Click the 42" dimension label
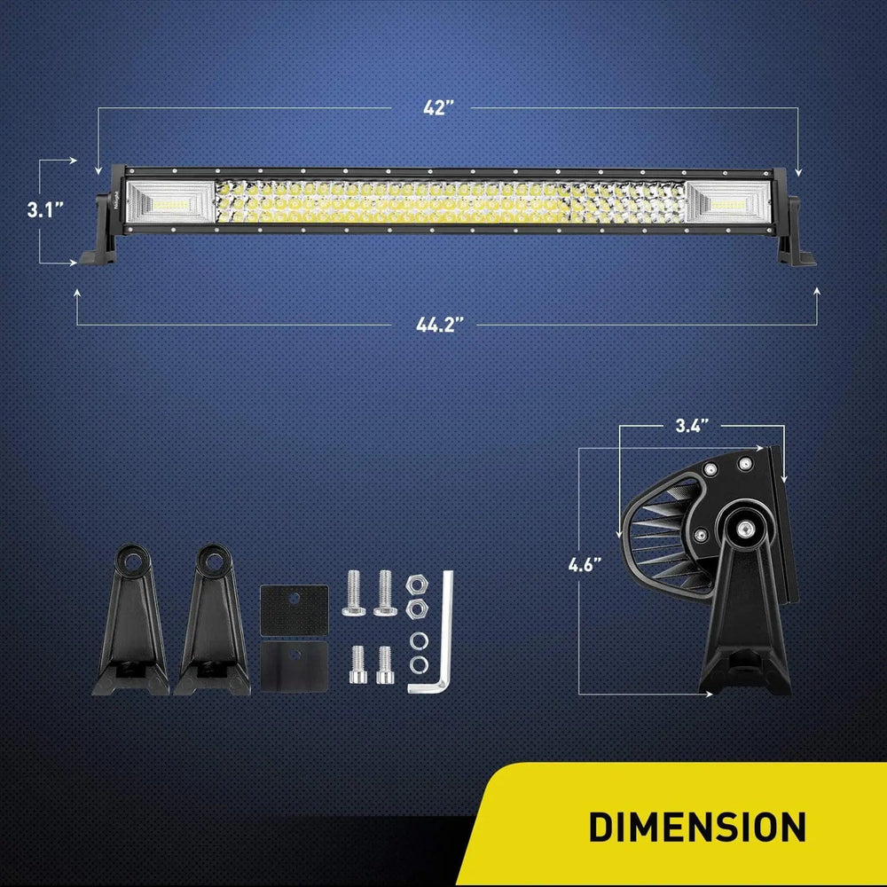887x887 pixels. pyautogui.click(x=438, y=107)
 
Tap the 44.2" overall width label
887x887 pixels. pyautogui.click(x=440, y=325)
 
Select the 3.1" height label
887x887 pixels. pyautogui.click(x=45, y=210)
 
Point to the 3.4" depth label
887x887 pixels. pyautogui.click(x=692, y=426)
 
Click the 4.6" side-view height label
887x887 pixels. pyautogui.click(x=585, y=564)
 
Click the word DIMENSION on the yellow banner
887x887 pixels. pyautogui.click(x=697, y=827)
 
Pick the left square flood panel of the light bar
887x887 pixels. pyautogui.click(x=170, y=202)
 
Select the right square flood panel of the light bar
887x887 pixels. pyautogui.click(x=728, y=202)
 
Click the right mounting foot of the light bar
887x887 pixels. pyautogui.click(x=796, y=231)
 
